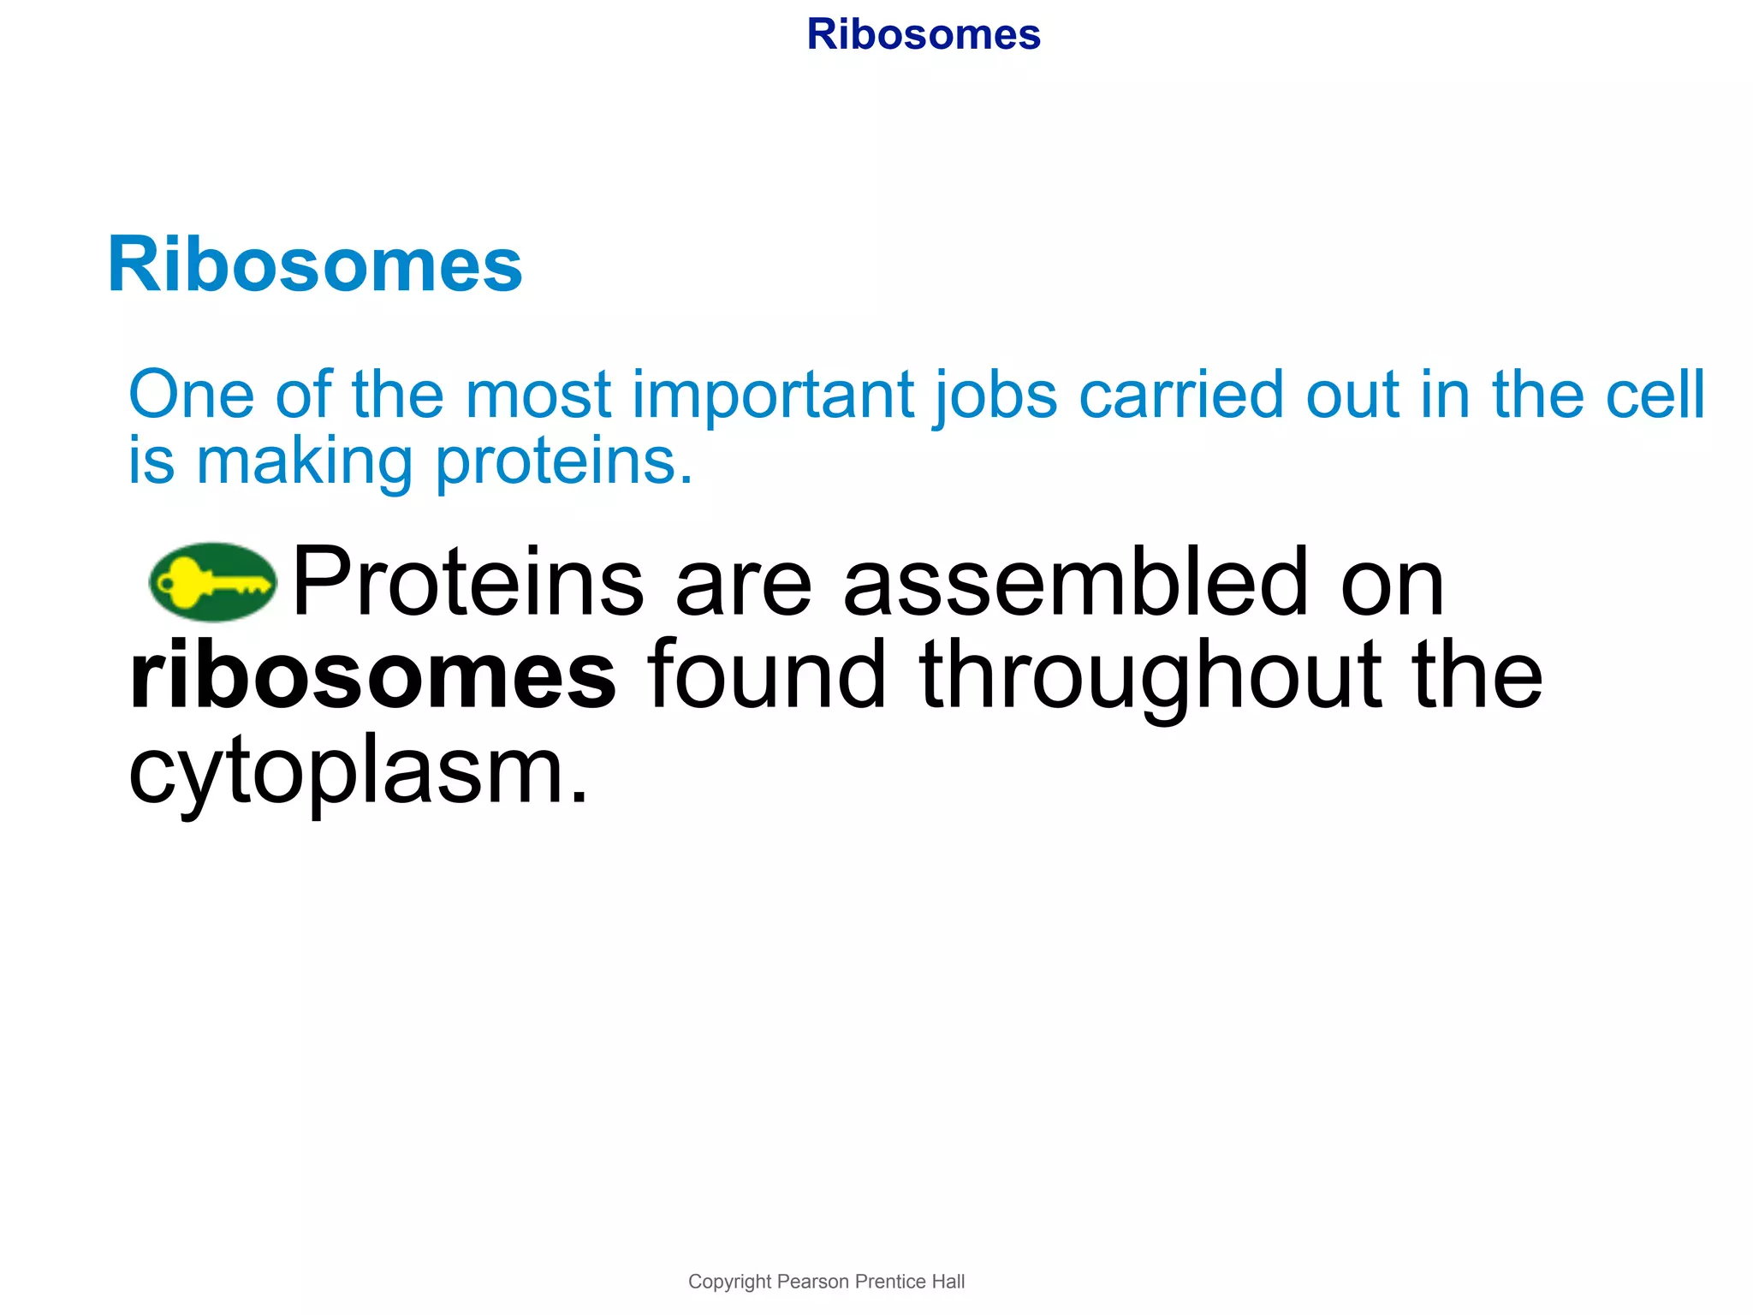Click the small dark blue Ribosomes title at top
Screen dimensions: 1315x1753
click(x=923, y=35)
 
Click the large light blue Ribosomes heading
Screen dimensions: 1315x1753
click(x=314, y=265)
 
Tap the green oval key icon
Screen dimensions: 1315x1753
click(x=212, y=582)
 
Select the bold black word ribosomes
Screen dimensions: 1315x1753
click(x=372, y=676)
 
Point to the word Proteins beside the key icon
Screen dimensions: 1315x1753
click(x=467, y=582)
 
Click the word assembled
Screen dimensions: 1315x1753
click(x=1075, y=582)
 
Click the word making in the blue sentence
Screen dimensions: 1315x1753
click(x=305, y=462)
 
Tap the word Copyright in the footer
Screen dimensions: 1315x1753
click(x=729, y=1282)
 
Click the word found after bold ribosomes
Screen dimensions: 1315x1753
click(x=767, y=676)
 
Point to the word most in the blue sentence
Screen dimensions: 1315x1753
click(x=538, y=396)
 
